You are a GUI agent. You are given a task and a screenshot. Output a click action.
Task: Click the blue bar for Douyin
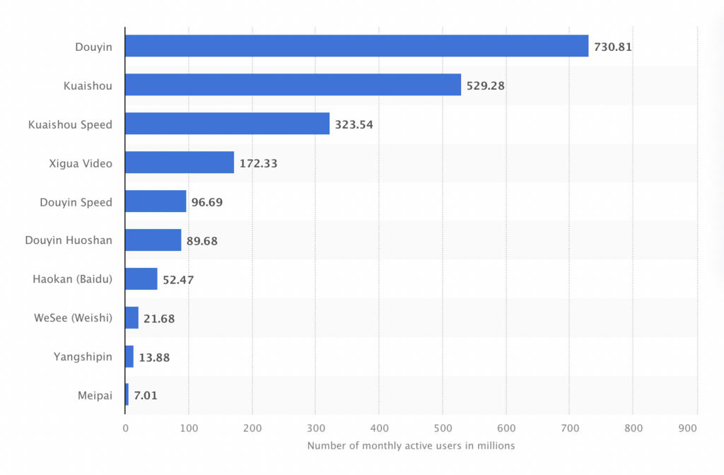[356, 47]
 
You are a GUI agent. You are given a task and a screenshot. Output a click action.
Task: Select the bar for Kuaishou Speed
[227, 124]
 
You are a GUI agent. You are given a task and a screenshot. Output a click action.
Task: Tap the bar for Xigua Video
[180, 163]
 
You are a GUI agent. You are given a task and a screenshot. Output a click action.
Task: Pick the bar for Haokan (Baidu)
[141, 279]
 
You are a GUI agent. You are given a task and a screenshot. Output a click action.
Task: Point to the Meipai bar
[127, 395]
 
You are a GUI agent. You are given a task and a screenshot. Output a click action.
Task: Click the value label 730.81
[613, 47]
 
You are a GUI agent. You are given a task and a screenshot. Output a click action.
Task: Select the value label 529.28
[486, 86]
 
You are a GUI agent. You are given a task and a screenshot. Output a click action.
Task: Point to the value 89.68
[202, 241]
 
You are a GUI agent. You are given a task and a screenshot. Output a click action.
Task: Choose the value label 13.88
[154, 358]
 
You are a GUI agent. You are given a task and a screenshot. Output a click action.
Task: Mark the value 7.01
[146, 396]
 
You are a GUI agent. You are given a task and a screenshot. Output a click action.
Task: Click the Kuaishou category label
[87, 86]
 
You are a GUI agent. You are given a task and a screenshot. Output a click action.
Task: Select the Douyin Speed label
[76, 202]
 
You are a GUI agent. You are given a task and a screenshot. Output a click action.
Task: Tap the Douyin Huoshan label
[69, 240]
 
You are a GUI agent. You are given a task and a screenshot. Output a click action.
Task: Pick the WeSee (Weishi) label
[72, 318]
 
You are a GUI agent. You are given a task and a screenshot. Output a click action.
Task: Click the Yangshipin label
[83, 357]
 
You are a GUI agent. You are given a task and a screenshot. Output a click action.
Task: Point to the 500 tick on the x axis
[443, 428]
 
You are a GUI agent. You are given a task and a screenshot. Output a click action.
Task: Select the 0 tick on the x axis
[125, 428]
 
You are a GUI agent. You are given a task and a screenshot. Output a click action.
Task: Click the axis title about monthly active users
[411, 446]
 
